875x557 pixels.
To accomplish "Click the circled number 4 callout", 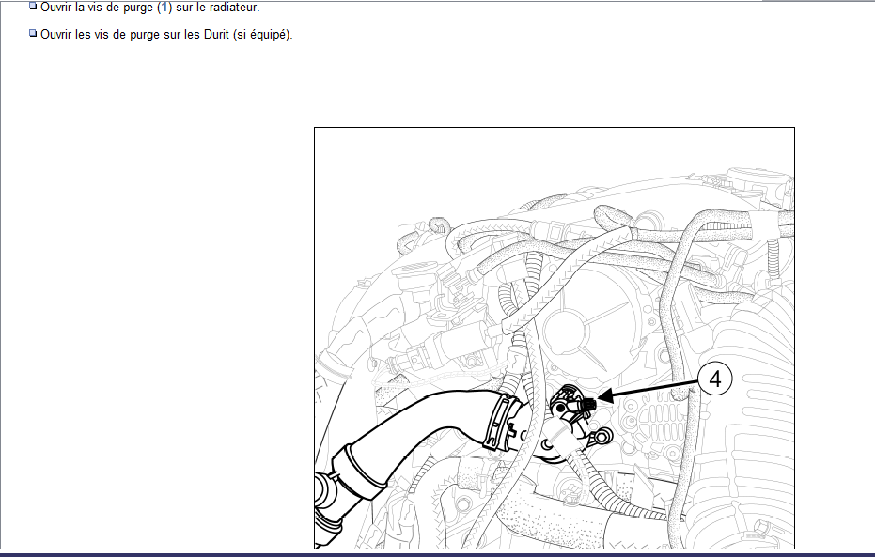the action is coord(715,379).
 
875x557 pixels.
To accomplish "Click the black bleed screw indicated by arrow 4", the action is coord(588,404).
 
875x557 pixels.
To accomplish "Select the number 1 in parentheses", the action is coord(164,8).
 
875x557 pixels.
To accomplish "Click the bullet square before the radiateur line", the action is coord(33,7).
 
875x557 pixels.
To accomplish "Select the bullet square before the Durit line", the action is coord(33,33).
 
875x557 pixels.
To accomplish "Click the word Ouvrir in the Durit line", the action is coord(56,34).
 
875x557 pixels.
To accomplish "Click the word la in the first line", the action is coord(80,8).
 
